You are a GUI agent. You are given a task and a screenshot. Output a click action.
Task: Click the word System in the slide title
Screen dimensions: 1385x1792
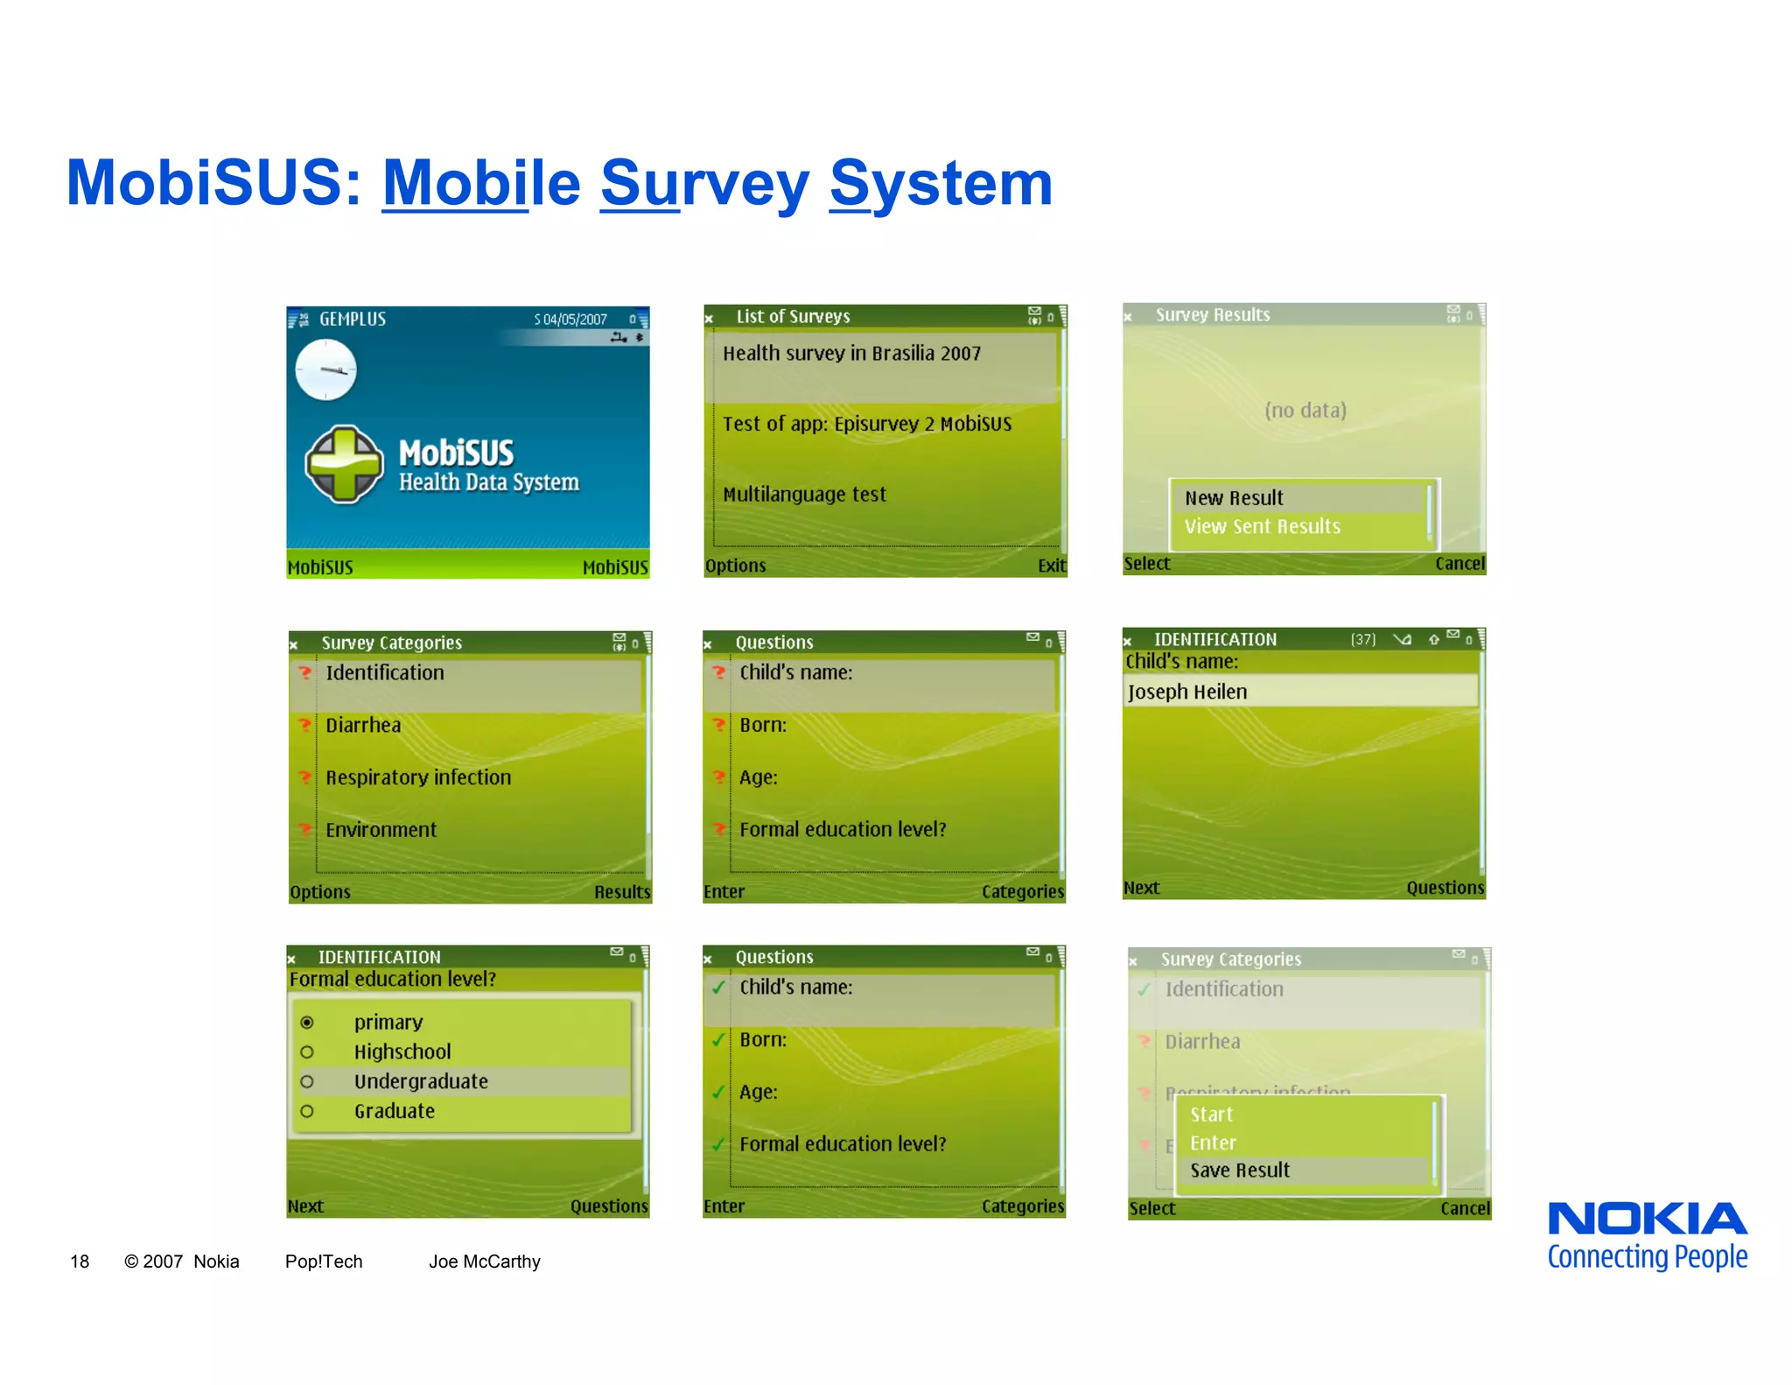[941, 184]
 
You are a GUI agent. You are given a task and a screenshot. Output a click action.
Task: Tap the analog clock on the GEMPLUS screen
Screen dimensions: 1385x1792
[325, 369]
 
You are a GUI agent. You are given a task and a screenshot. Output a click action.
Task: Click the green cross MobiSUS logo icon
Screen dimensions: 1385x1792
[344, 464]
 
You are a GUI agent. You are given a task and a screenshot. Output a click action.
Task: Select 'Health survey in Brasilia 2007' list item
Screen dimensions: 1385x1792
[851, 354]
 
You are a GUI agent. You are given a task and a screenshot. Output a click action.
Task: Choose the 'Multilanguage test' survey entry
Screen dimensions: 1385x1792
[804, 495]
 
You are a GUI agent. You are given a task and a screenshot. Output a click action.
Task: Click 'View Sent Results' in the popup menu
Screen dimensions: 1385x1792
[1262, 526]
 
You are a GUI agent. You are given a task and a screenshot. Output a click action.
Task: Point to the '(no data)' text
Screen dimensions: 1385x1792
[1305, 410]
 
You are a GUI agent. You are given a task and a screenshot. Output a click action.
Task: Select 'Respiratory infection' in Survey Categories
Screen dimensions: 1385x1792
[418, 777]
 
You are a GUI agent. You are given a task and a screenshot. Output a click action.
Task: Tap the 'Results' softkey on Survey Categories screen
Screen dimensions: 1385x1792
[622, 892]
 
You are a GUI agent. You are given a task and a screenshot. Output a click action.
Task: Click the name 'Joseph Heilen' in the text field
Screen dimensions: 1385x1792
[1187, 692]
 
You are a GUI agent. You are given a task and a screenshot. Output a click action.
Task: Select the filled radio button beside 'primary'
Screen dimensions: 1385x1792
[307, 1023]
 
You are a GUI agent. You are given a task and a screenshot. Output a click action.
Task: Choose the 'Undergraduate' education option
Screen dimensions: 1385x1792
[421, 1081]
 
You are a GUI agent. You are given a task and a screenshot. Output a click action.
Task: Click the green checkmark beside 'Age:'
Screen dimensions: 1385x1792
[718, 1092]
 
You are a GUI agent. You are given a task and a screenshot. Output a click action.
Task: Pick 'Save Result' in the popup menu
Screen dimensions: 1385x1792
[1240, 1171]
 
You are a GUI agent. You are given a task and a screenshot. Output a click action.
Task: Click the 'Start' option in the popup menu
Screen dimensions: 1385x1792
[1211, 1114]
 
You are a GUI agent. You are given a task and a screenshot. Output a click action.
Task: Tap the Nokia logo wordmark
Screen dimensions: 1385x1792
[1648, 1220]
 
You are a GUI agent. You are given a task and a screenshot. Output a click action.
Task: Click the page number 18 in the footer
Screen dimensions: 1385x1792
[80, 1262]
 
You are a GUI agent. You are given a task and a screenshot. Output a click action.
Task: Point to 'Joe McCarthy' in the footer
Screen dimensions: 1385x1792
[484, 1262]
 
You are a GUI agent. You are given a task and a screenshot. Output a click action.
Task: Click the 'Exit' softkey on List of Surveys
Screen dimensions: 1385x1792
[1051, 566]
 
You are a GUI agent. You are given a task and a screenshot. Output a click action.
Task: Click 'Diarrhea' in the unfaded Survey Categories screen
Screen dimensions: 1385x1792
[363, 725]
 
